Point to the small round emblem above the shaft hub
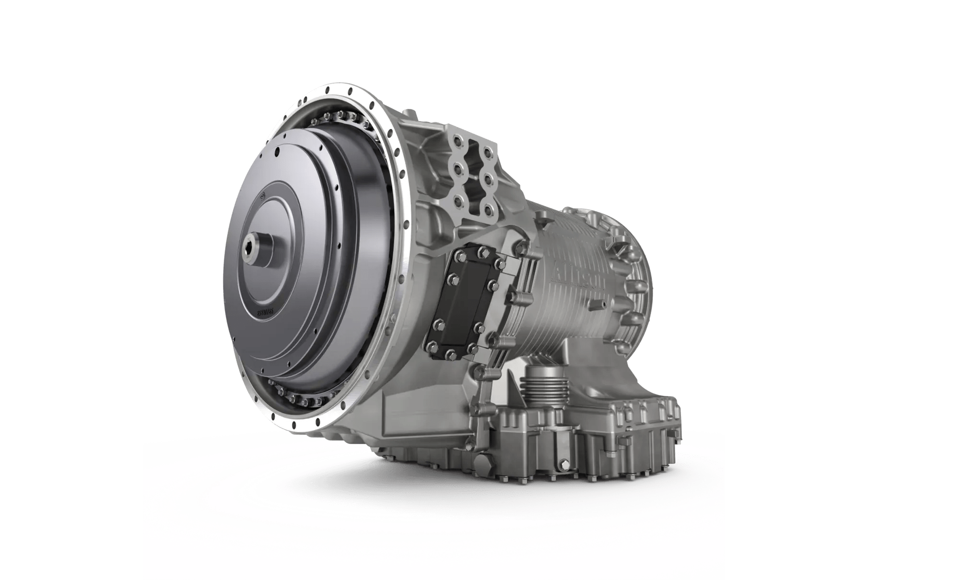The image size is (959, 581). coord(263,197)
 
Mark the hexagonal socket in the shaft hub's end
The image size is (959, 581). coord(250,248)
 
